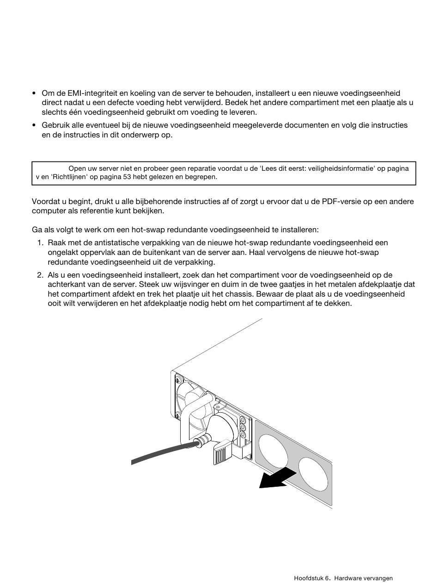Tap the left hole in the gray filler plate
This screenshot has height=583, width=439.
tap(273, 450)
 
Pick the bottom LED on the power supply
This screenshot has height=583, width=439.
tap(243, 435)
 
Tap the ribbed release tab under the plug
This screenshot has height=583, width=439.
tap(221, 453)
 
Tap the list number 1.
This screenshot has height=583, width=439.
tap(40, 243)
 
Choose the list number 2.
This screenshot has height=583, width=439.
tap(40, 275)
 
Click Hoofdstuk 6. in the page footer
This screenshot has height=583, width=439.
tap(312, 578)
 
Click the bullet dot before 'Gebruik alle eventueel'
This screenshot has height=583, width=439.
tap(34, 125)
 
